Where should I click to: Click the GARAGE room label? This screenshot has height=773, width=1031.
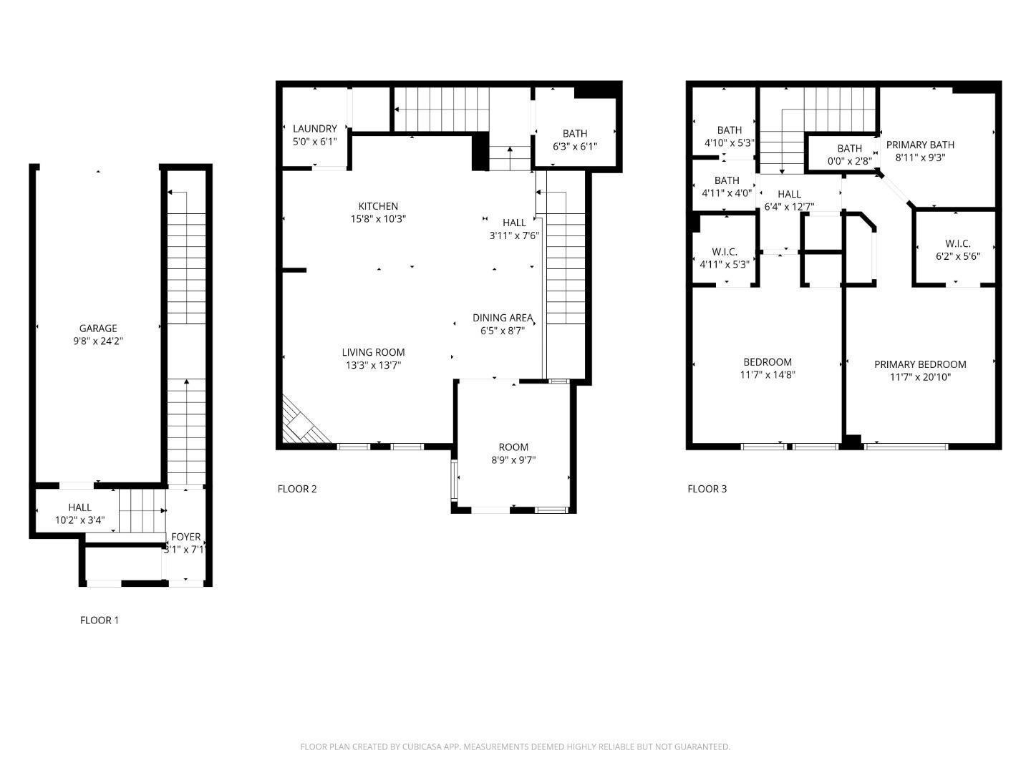tap(98, 329)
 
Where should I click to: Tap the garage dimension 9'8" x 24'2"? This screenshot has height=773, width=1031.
tap(98, 341)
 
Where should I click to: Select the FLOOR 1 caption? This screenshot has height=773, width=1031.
tap(100, 620)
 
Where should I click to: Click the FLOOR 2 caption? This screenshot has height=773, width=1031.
tap(297, 489)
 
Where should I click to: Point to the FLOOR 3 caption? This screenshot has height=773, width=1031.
tap(707, 489)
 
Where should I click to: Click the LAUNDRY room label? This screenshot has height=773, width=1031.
tap(314, 129)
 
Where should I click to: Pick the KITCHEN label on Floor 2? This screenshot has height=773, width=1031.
tap(378, 206)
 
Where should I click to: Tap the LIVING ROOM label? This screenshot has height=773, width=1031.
tap(373, 352)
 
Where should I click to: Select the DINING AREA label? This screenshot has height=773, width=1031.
tap(502, 318)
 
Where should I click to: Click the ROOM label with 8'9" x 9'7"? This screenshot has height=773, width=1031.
tap(513, 447)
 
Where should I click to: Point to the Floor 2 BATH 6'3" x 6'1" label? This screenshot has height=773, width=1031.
tap(574, 133)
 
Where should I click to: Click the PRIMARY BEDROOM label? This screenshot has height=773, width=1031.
tap(920, 364)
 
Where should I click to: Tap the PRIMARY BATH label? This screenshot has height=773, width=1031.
tap(920, 145)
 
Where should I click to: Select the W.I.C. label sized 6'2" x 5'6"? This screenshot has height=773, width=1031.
tap(957, 243)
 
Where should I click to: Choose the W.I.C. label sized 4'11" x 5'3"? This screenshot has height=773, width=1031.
tap(725, 252)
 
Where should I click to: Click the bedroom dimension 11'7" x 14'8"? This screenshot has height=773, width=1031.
tap(768, 375)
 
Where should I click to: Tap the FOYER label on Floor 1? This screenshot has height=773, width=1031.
tap(185, 537)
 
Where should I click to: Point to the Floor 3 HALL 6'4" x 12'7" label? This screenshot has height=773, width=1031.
tap(789, 194)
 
